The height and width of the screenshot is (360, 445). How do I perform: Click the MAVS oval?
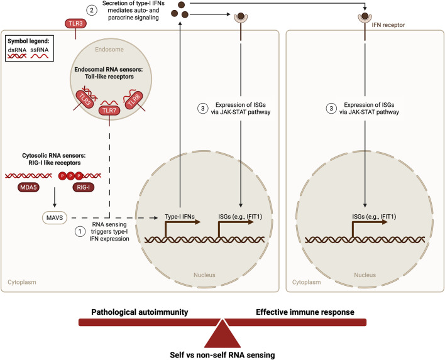coord(55,218)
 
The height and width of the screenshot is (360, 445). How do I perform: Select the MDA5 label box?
coord(28,187)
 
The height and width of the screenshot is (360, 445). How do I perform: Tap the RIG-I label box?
coord(83,187)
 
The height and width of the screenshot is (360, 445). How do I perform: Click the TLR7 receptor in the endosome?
coord(109,111)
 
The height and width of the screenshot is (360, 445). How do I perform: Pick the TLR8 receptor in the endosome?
coord(134,100)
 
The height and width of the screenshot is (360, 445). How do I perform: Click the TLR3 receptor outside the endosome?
coord(76,23)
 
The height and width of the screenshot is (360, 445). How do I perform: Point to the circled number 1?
coord(80,231)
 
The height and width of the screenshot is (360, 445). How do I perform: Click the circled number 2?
coord(92,11)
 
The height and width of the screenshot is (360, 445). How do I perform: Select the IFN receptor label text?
coord(388,25)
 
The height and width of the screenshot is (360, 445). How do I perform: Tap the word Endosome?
coord(109,50)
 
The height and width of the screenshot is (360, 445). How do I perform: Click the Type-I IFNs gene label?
coord(180,217)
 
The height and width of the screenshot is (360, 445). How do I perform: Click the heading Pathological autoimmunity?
coord(140,312)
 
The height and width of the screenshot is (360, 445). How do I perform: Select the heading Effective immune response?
coord(305,312)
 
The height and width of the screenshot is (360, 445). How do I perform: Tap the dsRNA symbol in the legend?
coord(17,56)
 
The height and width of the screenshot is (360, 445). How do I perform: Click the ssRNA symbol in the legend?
coord(40,56)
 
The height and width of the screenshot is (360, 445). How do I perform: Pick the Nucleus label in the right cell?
coord(365,275)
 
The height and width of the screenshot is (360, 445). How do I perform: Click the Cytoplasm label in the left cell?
coord(22,282)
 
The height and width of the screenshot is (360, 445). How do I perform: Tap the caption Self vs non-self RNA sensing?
coord(222,355)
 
